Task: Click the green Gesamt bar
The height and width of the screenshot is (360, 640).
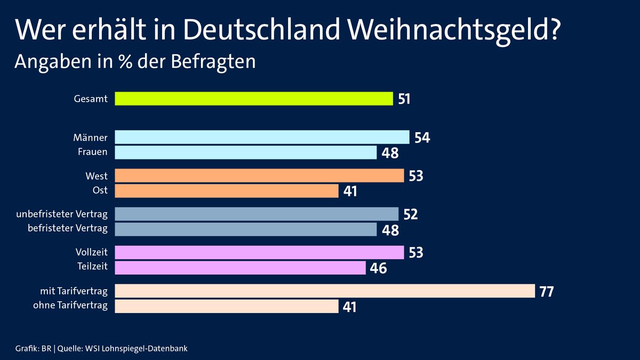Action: pos(254,99)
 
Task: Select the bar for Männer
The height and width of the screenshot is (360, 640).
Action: pos(262,137)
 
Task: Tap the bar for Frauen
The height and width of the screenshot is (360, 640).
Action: pos(246,153)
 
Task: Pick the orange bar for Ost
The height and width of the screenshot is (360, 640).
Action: pos(227,191)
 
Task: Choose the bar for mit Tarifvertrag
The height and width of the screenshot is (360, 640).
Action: pos(325,291)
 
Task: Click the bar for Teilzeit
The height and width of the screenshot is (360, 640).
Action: pos(240,268)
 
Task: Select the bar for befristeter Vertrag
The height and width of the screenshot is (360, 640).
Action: pos(246,229)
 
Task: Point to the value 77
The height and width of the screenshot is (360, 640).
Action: pos(547,292)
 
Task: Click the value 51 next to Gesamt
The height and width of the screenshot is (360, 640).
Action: pos(404,99)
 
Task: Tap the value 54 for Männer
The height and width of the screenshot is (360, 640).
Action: pos(422,138)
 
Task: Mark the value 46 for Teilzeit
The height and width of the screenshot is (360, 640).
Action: pos(378,268)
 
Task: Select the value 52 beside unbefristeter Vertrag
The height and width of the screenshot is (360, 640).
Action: pos(410,214)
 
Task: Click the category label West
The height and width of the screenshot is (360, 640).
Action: pos(96,175)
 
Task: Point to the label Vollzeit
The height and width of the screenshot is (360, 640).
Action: pos(92,252)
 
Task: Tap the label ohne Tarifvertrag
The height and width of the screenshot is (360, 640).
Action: pos(70,306)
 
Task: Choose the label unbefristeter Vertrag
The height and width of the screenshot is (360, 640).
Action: pos(62,214)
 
